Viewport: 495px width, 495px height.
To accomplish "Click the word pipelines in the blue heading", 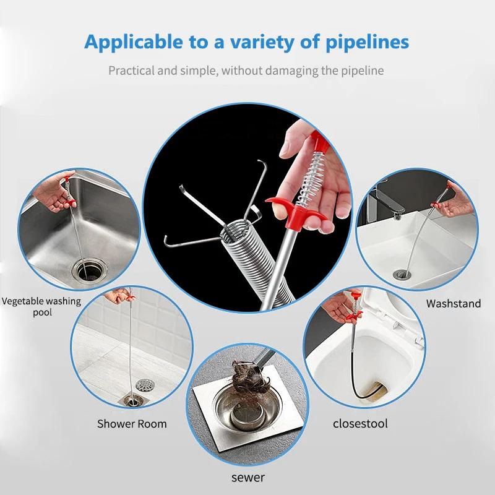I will tap(363, 42).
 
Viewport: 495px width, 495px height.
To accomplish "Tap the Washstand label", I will tap(454, 303).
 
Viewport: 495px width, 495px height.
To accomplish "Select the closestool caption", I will tap(359, 424).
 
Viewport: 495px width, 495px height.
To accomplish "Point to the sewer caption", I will tap(247, 477).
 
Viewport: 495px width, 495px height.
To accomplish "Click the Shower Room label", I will tap(132, 424).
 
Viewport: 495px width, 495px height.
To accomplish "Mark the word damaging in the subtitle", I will tap(287, 71).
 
